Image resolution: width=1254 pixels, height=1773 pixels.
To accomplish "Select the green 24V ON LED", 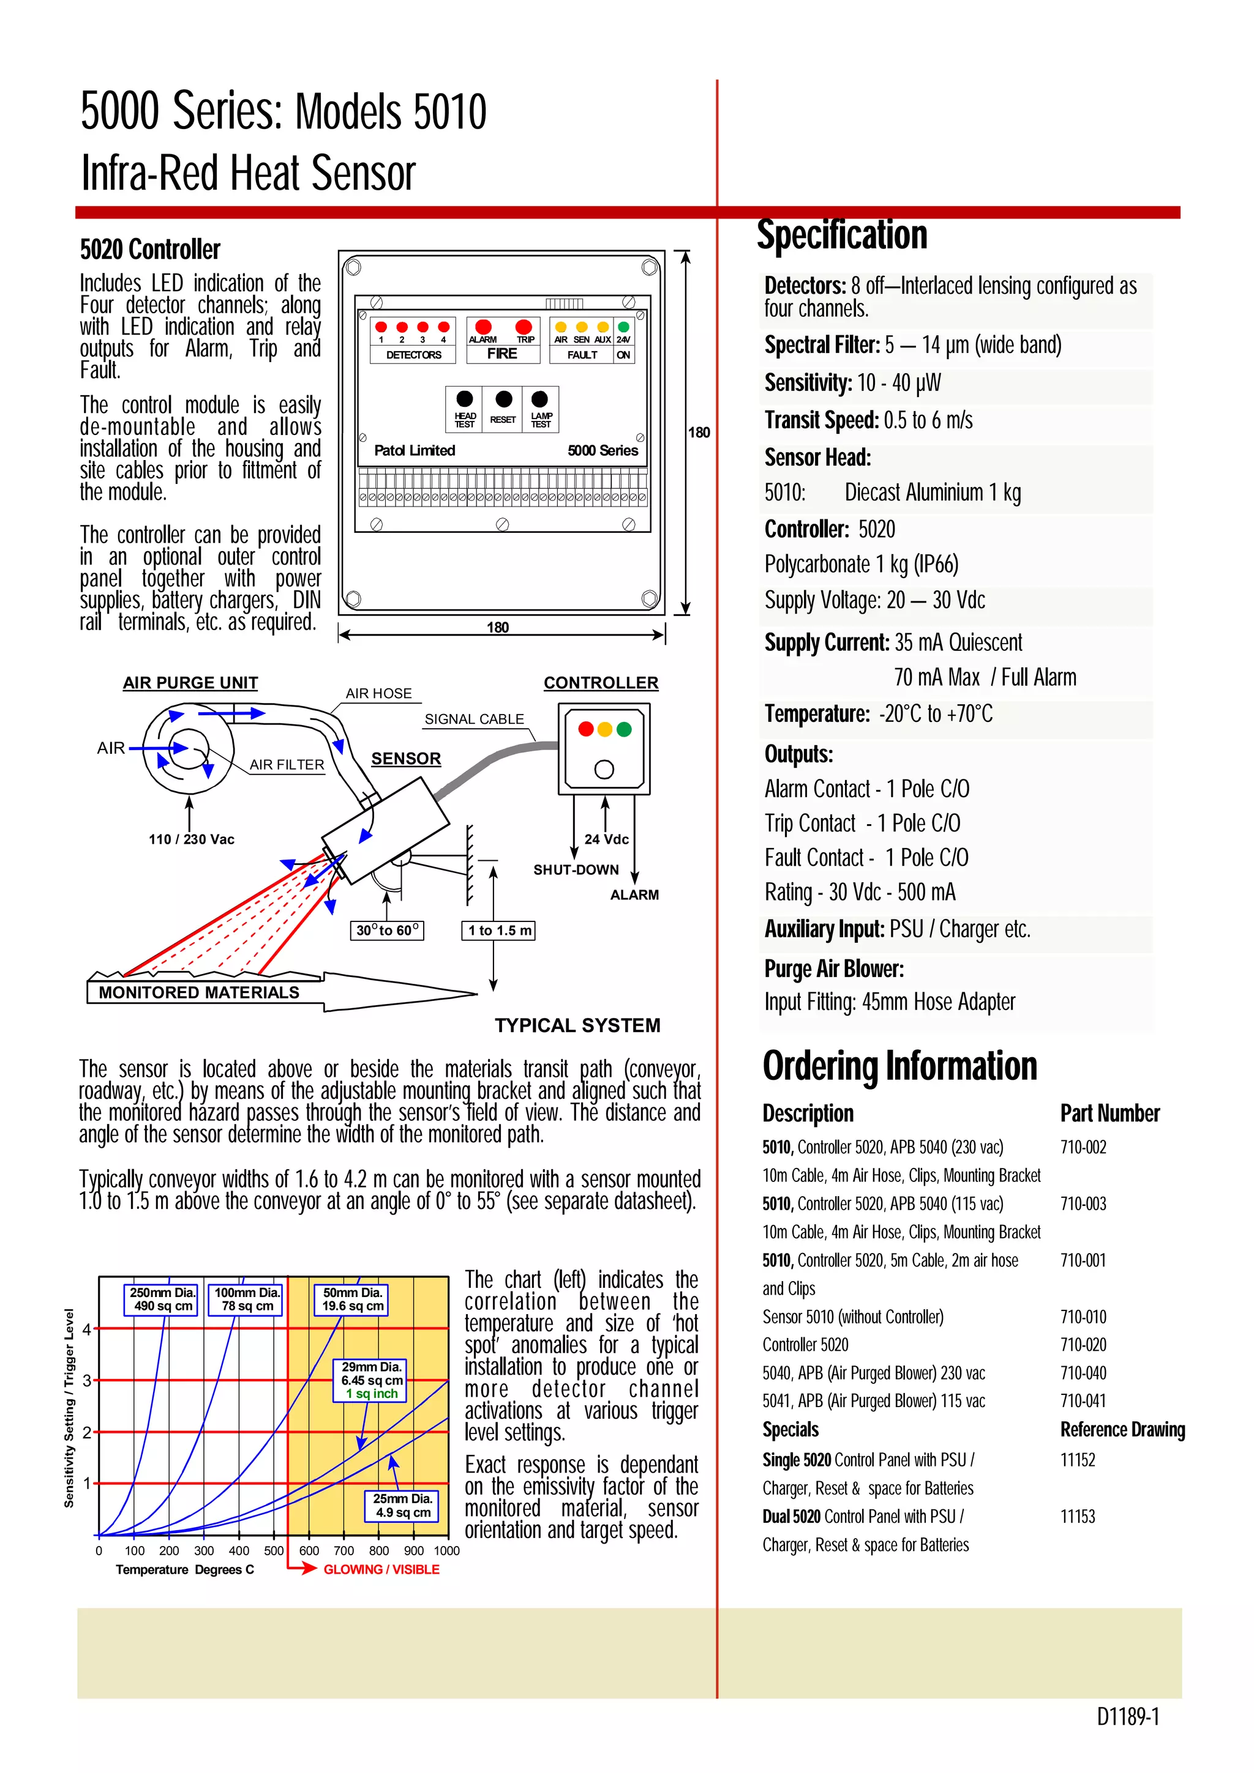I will [623, 327].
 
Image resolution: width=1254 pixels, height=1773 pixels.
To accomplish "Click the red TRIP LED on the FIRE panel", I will [524, 327].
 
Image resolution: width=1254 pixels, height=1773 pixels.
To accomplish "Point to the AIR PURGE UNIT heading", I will [190, 683].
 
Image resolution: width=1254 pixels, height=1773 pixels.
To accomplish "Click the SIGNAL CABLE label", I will [474, 719].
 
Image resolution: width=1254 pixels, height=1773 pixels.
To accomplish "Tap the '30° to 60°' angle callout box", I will [387, 930].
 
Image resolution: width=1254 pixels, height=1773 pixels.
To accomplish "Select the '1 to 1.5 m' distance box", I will [499, 930].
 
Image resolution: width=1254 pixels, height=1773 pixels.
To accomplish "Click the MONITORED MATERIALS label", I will [198, 992].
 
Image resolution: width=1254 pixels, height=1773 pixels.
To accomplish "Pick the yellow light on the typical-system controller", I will [604, 729].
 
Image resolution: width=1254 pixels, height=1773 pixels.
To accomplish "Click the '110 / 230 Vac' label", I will [191, 839].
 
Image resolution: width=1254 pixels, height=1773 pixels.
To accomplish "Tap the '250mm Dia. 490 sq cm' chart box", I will [162, 1299].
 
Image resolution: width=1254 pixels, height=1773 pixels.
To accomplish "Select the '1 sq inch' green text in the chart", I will [372, 1394].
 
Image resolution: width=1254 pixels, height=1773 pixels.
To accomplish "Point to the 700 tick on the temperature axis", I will [344, 1550].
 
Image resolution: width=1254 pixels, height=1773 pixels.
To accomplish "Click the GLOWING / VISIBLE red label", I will [381, 1569].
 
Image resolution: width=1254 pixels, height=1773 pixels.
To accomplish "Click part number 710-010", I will [1083, 1317].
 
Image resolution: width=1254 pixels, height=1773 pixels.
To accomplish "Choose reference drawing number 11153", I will [1077, 1517].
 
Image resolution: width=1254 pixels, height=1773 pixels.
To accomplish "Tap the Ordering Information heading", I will [899, 1066].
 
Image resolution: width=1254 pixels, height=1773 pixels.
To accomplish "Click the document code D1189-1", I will [1127, 1717].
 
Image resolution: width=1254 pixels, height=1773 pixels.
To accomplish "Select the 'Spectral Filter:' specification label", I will [821, 345].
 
